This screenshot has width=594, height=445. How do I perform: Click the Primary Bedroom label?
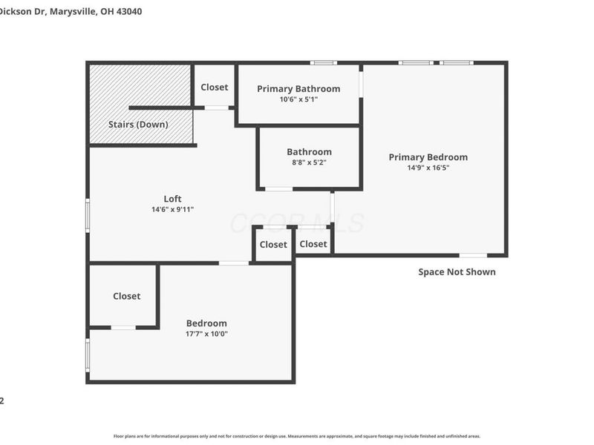click(428, 157)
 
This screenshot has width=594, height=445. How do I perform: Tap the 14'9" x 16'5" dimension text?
click(428, 168)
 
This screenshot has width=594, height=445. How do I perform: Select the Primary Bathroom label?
click(298, 89)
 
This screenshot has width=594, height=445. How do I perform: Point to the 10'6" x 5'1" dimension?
click(298, 99)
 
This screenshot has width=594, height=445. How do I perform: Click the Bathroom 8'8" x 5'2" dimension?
click(309, 162)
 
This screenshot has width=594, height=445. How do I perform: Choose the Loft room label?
click(172, 199)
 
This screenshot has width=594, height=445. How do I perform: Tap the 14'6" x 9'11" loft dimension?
click(172, 209)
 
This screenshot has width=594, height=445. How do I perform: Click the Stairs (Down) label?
click(138, 125)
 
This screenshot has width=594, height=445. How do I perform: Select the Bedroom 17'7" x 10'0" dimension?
click(206, 334)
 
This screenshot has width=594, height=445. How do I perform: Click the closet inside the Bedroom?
click(126, 296)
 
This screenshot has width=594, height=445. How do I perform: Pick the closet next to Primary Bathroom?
click(215, 88)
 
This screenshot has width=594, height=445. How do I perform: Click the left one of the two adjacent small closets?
click(273, 245)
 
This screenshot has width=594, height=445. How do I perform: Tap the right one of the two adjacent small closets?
click(313, 244)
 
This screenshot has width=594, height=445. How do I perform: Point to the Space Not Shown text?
click(457, 272)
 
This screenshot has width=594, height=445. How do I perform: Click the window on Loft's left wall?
click(88, 215)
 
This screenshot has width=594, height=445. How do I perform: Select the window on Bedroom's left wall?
click(88, 355)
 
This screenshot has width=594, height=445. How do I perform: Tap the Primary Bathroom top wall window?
click(323, 63)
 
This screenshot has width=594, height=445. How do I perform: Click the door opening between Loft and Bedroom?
click(234, 263)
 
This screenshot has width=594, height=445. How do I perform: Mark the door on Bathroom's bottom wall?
click(278, 189)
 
